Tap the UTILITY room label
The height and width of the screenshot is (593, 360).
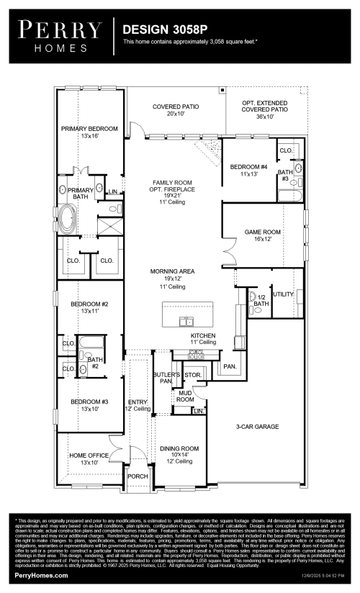[284, 294]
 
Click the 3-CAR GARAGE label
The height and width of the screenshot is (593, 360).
[256, 426]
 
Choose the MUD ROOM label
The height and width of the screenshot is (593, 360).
[186, 395]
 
